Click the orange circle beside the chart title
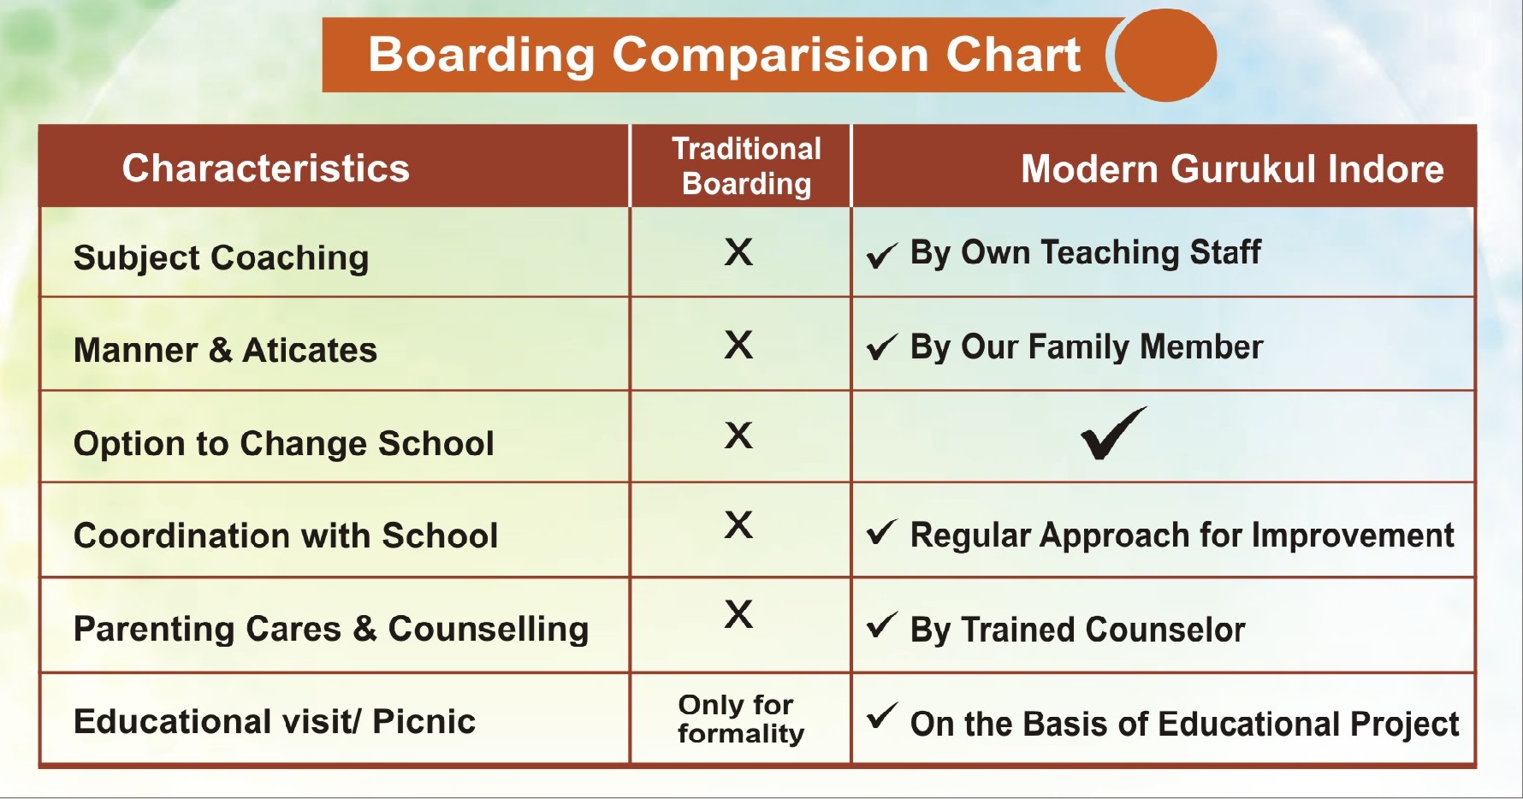tap(1166, 55)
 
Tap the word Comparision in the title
tap(770, 55)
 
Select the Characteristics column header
tap(265, 168)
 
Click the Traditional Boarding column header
tap(746, 166)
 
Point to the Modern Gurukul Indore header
tap(1232, 169)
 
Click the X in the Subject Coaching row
tap(738, 252)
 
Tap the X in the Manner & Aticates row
tap(738, 345)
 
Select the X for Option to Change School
tap(738, 435)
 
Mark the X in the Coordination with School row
tap(738, 524)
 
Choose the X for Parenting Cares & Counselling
tap(738, 614)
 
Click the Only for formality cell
tap(741, 719)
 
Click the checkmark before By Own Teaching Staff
tap(881, 255)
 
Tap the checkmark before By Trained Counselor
tap(881, 625)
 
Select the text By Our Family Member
tap(1087, 347)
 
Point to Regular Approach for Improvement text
tap(1182, 536)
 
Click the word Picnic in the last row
tap(424, 722)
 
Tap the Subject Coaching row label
tap(222, 258)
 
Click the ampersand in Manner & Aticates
tap(220, 350)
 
